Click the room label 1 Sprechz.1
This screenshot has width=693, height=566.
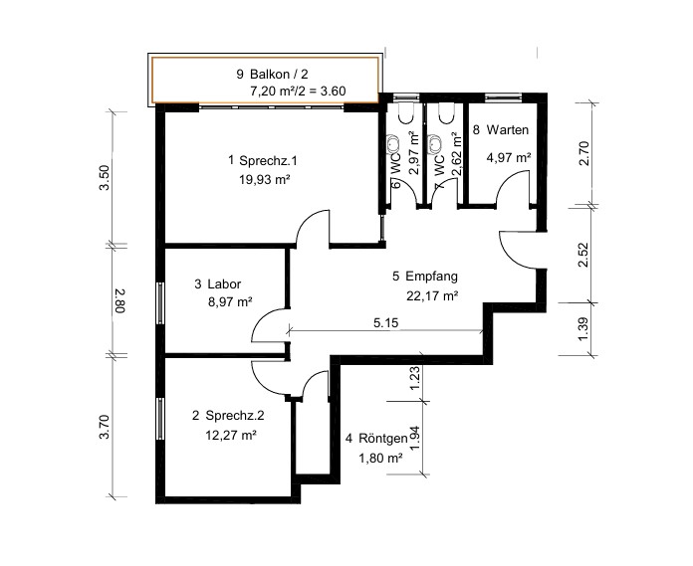point(263,160)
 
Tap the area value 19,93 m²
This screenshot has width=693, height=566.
point(264,179)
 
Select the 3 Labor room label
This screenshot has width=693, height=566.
point(218,283)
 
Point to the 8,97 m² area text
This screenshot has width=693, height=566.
point(230,302)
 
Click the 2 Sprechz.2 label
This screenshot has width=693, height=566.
point(228,416)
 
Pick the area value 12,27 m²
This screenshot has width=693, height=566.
point(231,435)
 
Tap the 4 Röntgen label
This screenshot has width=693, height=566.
point(376,439)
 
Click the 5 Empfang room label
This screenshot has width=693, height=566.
point(425,277)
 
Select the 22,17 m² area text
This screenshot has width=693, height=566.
point(432,295)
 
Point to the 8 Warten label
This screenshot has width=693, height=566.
point(501,129)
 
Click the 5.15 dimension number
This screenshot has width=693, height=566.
point(386,322)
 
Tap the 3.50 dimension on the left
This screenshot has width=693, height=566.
point(104,177)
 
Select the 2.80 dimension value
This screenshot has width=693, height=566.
point(120,300)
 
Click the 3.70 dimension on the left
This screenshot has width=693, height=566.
point(104,427)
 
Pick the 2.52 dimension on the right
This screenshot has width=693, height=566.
point(583,255)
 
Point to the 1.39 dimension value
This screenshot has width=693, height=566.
point(583,329)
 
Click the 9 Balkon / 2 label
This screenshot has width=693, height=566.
point(272,74)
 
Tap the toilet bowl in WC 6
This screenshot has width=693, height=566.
point(406,113)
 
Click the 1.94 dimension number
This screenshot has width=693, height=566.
point(414,438)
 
